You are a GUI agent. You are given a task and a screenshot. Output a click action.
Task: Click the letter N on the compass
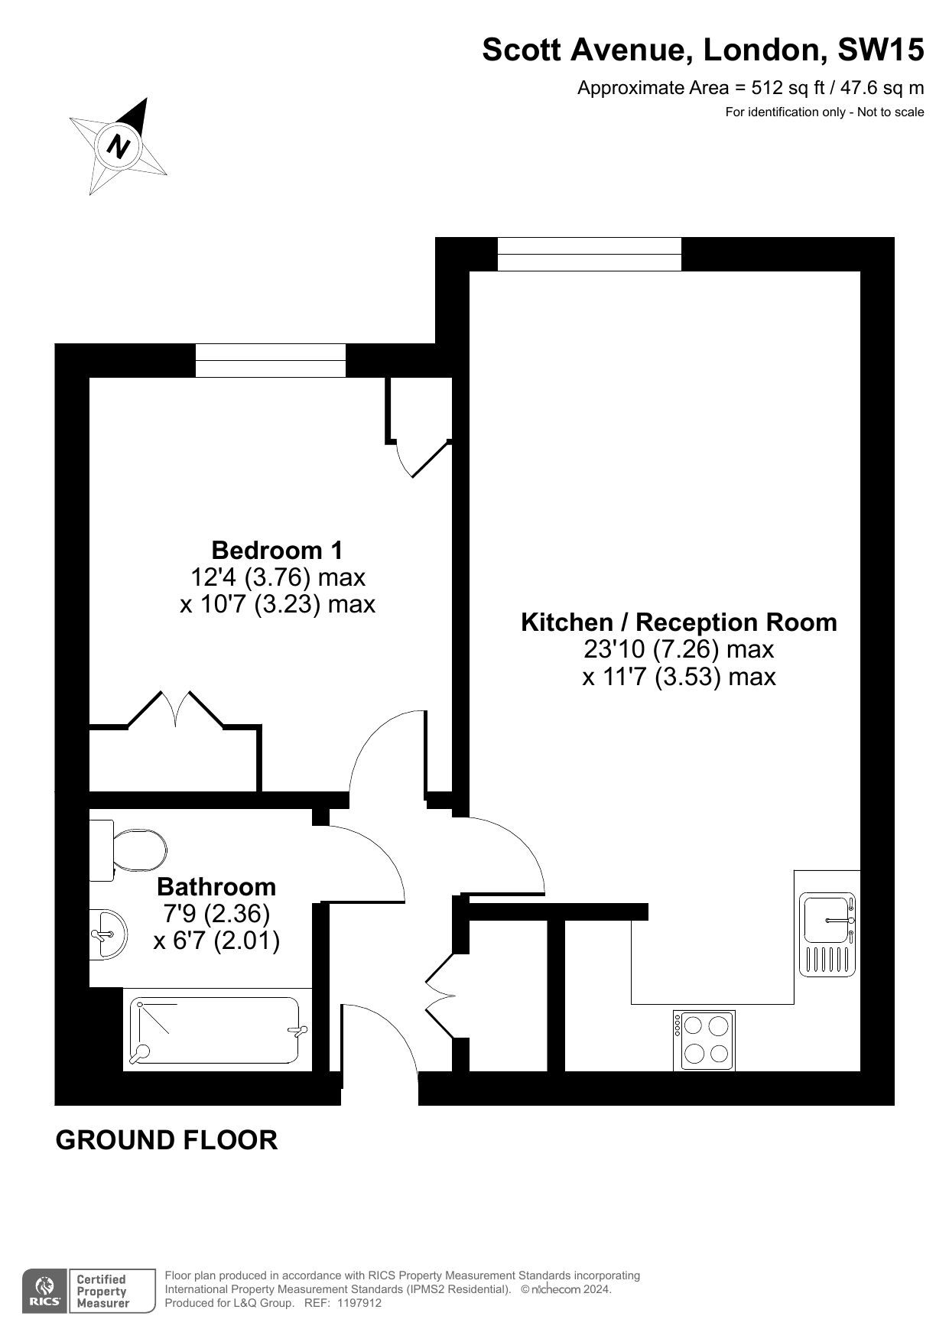[x=119, y=145]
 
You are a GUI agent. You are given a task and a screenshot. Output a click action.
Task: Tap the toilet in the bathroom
[x=128, y=850]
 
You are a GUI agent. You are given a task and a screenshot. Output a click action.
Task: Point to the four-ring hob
[x=704, y=1040]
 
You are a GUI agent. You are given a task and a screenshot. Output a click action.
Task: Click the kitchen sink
[x=827, y=934]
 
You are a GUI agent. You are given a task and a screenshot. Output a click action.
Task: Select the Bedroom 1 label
[x=277, y=550]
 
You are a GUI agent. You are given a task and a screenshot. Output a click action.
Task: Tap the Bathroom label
[x=216, y=886]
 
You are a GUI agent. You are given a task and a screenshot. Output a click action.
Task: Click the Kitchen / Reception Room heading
[x=679, y=622]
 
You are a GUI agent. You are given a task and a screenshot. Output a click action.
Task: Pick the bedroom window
[x=271, y=360]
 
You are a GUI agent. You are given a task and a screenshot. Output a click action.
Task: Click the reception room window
[x=590, y=254]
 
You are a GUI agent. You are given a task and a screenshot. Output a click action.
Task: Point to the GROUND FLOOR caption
[x=167, y=1140]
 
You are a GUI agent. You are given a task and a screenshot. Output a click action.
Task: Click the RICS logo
[x=44, y=1292]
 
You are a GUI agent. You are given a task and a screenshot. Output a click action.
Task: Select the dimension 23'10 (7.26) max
[x=679, y=649]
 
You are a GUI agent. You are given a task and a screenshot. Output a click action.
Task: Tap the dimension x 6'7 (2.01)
[x=216, y=940]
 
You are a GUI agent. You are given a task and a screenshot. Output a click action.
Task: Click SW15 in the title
[x=881, y=50]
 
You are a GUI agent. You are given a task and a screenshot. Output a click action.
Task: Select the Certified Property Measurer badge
[x=112, y=1292]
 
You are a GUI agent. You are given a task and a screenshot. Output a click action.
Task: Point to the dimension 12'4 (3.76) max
[x=277, y=577]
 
